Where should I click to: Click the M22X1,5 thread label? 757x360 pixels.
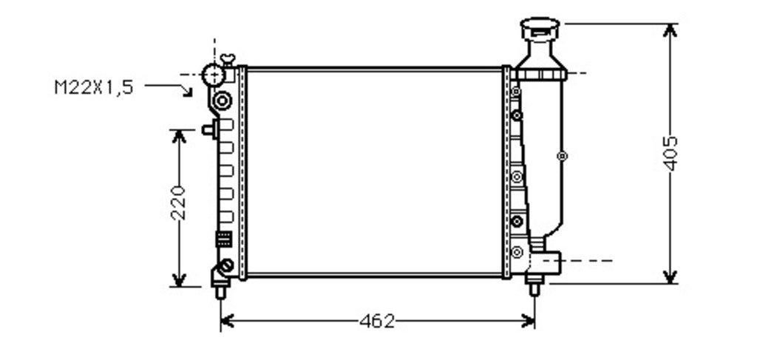[x=94, y=88]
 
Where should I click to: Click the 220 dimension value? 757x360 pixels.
[x=179, y=203]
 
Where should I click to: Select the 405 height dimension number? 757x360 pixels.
[x=670, y=154]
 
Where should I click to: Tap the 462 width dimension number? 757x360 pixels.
[x=377, y=321]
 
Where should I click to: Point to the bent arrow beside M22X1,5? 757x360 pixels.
[x=169, y=88]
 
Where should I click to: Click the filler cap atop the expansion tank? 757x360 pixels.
[x=540, y=29]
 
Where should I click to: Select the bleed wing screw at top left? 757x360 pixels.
[x=228, y=59]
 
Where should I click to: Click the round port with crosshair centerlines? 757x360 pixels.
[x=214, y=75]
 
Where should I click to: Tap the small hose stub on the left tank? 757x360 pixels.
[x=208, y=129]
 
